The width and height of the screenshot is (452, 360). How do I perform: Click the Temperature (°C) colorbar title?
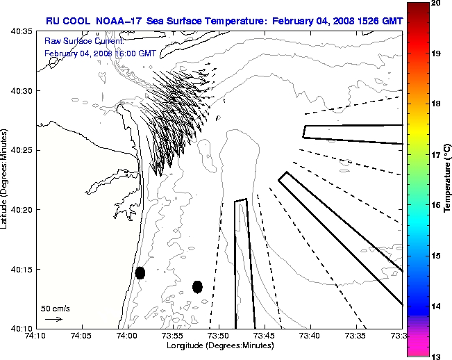[x=448, y=181]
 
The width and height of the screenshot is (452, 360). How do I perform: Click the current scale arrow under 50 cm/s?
[x=53, y=319]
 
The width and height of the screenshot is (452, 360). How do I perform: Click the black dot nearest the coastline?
[x=140, y=272]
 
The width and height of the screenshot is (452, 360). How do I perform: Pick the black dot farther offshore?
[x=197, y=286]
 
